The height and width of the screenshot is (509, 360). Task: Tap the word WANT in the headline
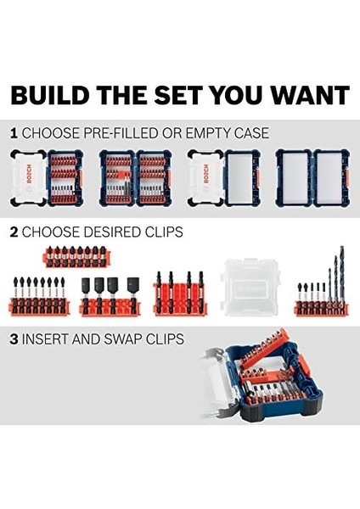(305, 94)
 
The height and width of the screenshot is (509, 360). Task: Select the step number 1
(13, 133)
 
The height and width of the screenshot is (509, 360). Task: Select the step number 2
(13, 232)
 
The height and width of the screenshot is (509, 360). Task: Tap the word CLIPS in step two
(158, 232)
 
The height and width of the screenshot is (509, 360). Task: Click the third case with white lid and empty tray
(222, 178)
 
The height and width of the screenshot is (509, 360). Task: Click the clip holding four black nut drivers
(112, 297)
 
